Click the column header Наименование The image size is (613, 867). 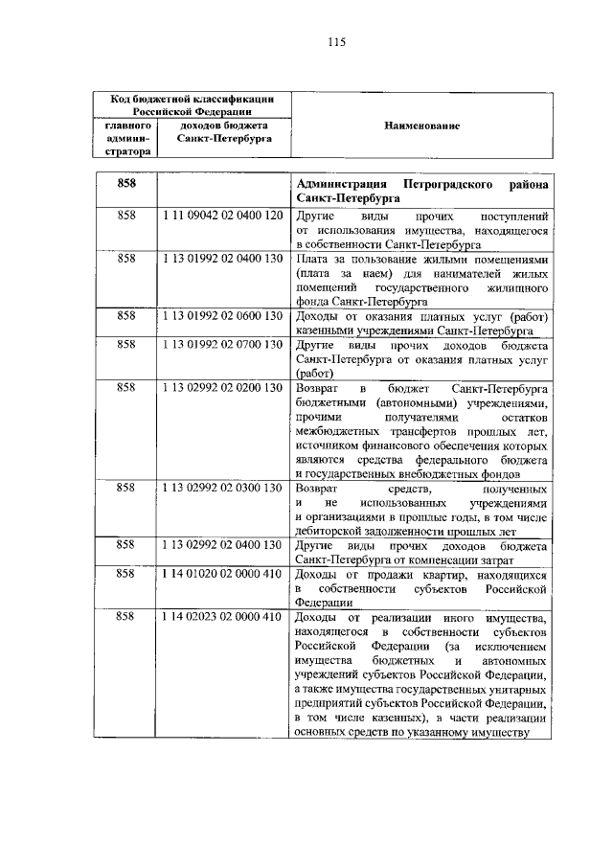(421, 125)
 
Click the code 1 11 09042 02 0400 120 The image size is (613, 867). (221, 217)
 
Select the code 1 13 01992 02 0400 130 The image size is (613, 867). (221, 260)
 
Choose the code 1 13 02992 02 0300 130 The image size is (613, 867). (221, 488)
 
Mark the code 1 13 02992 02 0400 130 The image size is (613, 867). (221, 544)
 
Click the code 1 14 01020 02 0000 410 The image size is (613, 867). (221, 573)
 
